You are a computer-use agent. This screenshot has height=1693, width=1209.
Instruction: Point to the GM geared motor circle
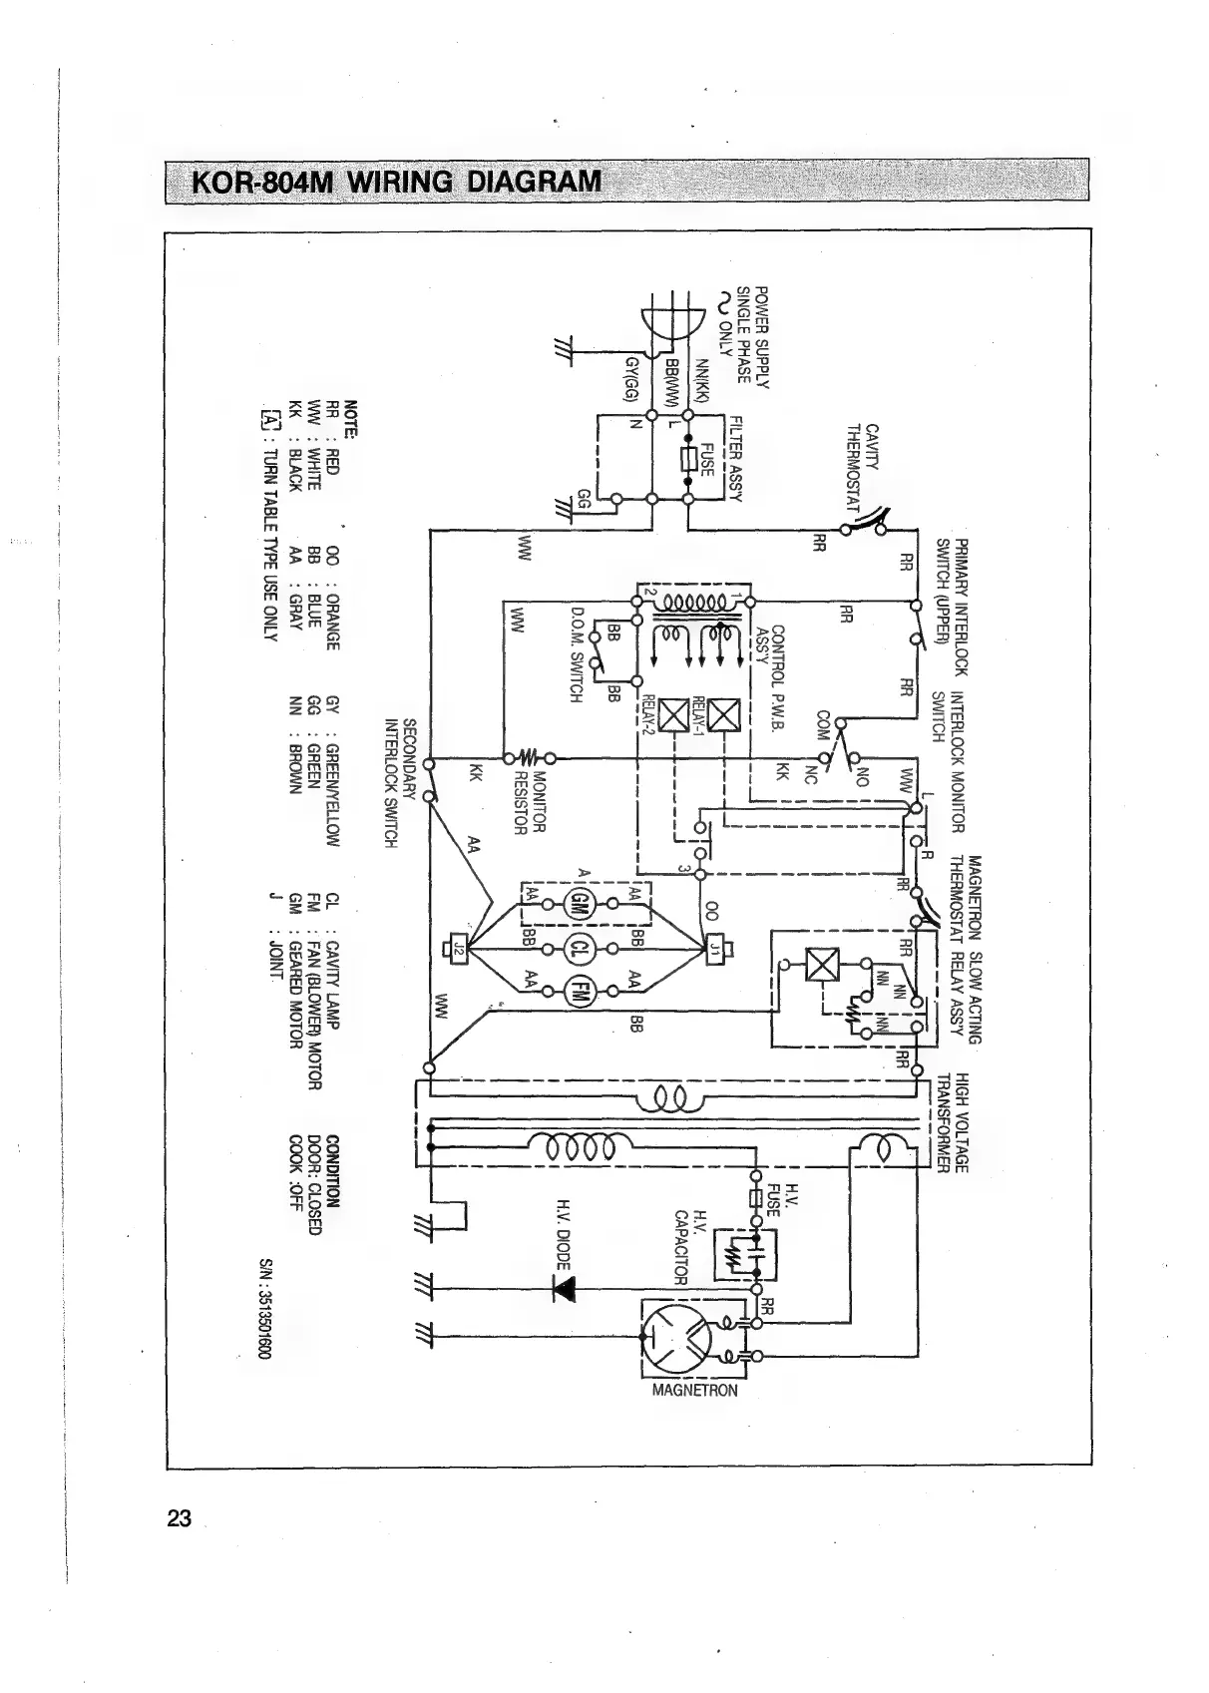click(579, 904)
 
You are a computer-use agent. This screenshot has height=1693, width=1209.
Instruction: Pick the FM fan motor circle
click(579, 991)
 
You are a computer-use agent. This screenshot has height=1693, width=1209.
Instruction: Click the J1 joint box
click(715, 947)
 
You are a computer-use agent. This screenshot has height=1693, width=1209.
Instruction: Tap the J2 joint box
click(459, 947)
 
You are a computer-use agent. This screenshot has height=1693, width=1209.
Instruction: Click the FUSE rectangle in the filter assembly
click(688, 460)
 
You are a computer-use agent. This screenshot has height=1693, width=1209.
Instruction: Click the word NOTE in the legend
click(350, 419)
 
